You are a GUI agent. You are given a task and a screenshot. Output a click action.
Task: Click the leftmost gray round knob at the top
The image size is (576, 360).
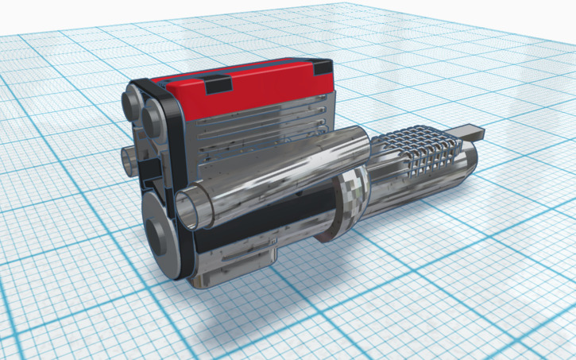click(131, 103)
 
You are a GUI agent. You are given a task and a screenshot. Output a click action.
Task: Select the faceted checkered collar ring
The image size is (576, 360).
click(350, 199)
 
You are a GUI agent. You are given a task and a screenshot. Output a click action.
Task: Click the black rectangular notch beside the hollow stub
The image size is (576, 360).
click(149, 169)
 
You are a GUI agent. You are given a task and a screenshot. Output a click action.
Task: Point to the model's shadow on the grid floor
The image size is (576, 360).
click(238, 318)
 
